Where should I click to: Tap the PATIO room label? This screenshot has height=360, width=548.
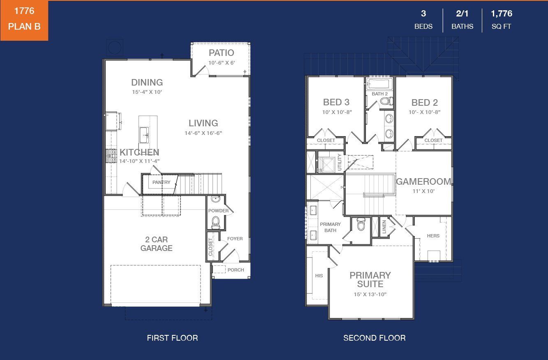221,53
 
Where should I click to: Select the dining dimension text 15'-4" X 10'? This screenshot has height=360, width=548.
147,92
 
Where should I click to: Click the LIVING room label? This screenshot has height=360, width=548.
203,123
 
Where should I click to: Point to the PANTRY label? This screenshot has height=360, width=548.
161,182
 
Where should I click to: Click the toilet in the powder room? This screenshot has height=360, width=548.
215,223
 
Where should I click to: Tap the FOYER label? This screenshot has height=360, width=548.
235,239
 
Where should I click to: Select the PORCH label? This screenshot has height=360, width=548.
236,270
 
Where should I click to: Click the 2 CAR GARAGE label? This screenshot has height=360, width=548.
156,244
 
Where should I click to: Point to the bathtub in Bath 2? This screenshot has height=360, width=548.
379,85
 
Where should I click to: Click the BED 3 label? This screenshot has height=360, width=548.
336,102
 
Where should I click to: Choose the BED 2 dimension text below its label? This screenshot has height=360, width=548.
424,112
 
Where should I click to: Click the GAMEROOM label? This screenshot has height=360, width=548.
423,181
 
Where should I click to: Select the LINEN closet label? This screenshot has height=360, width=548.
384,227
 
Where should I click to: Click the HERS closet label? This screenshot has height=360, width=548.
433,236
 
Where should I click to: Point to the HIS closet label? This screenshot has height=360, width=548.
319,276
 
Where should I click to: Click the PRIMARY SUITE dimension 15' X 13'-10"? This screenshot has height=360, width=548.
370,294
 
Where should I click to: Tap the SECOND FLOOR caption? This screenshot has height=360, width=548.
374,338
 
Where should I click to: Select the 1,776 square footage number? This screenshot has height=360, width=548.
501,14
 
